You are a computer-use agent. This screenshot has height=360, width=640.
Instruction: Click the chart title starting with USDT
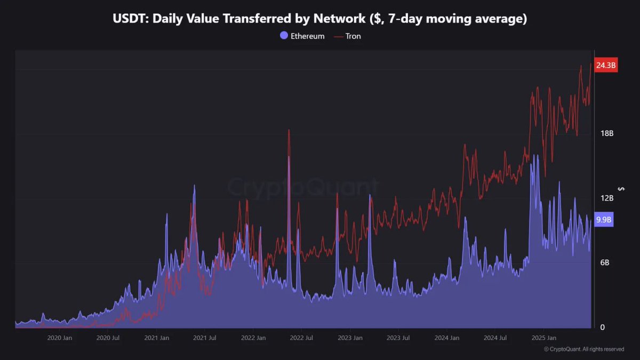click(x=320, y=19)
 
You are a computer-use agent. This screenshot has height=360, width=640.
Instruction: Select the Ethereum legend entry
click(x=302, y=36)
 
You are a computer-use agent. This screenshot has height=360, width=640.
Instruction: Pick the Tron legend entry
click(x=347, y=36)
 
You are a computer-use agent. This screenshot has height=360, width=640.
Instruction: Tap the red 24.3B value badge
click(x=606, y=66)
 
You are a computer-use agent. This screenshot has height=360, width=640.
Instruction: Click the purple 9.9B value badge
click(x=604, y=219)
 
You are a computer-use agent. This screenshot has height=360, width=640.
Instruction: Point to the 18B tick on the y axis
click(x=607, y=133)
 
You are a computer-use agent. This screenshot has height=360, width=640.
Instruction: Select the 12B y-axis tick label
click(x=607, y=198)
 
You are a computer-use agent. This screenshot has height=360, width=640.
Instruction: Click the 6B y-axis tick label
click(x=605, y=263)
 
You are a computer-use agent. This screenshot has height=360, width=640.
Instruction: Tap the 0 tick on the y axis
click(x=603, y=327)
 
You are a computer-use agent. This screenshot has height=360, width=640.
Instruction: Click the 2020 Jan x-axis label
click(x=60, y=338)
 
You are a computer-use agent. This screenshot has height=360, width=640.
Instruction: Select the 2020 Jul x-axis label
click(x=108, y=338)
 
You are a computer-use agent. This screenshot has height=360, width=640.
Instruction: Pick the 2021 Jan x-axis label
click(x=157, y=338)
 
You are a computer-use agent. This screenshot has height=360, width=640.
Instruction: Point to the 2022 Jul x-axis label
click(x=302, y=338)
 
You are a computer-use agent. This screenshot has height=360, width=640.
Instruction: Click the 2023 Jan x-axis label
click(x=350, y=338)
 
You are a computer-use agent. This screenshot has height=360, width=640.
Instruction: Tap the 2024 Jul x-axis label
click(x=495, y=338)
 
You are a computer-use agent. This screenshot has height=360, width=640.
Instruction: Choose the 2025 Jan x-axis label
click(x=543, y=338)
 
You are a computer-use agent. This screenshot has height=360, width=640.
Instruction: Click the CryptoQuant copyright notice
click(x=584, y=349)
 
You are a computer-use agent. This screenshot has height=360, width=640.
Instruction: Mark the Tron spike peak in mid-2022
click(x=289, y=130)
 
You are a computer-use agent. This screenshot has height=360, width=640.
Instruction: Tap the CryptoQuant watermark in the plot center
click(x=303, y=188)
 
